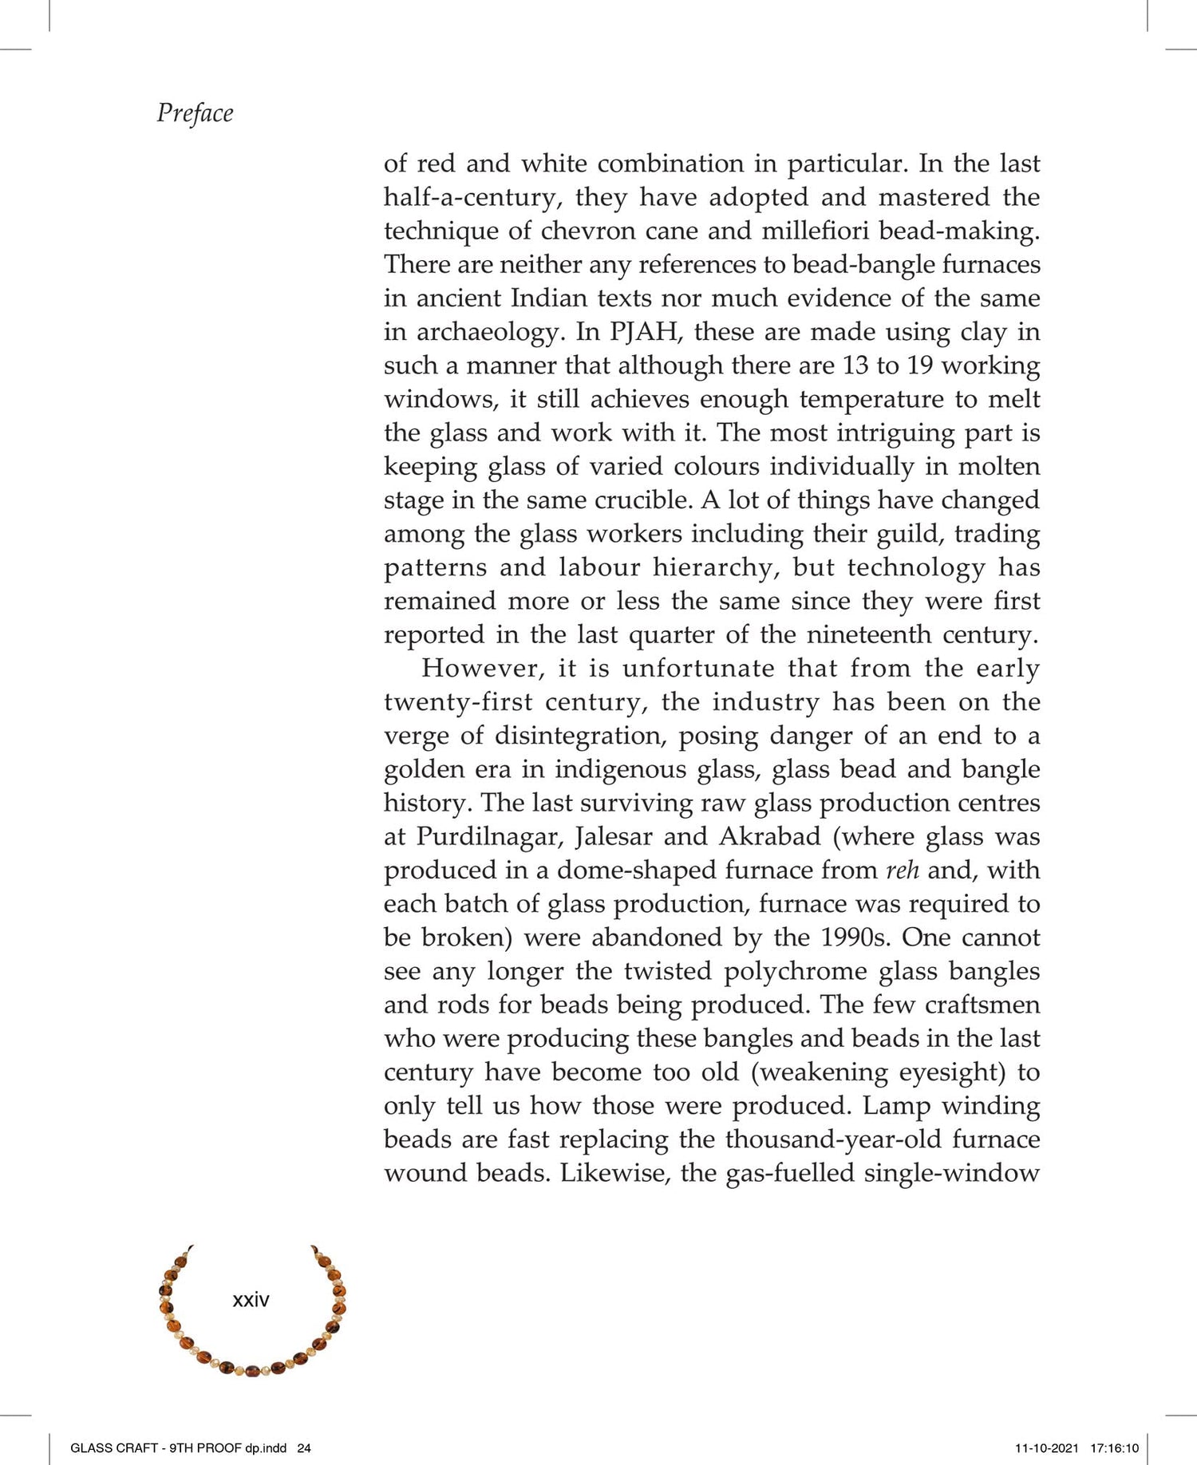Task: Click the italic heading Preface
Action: point(195,113)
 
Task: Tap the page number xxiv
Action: point(251,1300)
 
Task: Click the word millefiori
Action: point(816,231)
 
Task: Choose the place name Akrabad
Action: point(770,836)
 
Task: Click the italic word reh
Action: point(903,870)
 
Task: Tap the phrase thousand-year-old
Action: point(834,1139)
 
